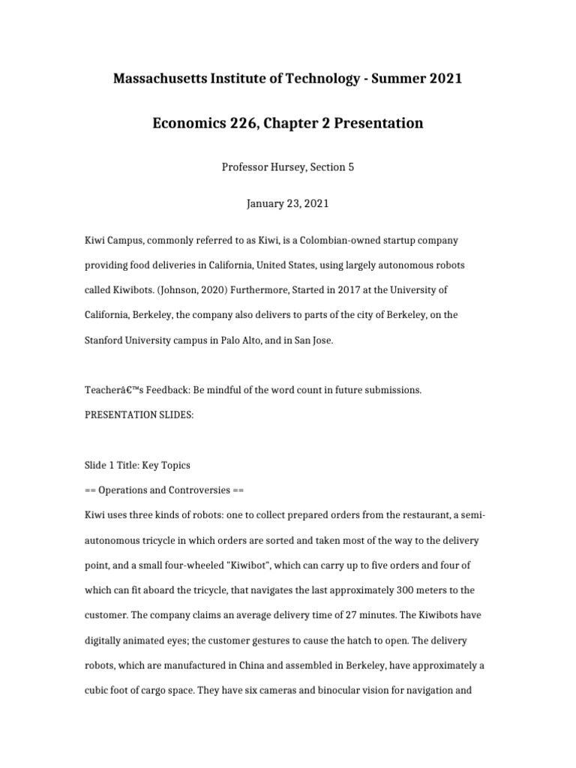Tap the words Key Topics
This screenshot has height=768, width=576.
pyautogui.click(x=166, y=465)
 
